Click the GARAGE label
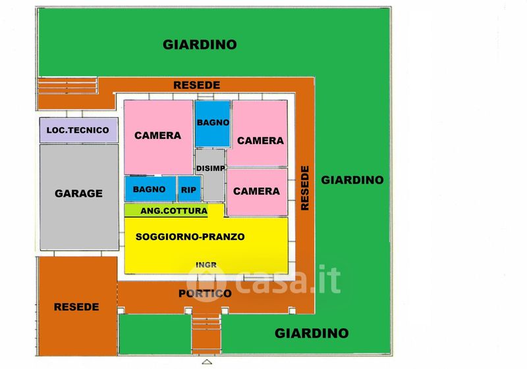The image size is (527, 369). (78, 193)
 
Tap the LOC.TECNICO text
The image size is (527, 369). (78, 130)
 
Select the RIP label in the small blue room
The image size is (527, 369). (188, 189)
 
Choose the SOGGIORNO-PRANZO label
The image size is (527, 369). (190, 236)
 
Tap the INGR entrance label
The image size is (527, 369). (206, 265)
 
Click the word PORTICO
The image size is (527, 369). (205, 293)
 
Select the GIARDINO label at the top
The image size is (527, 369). (200, 45)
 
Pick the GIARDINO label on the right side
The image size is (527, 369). (352, 180)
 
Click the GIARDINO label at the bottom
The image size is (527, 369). (311, 333)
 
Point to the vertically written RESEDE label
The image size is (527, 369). (305, 188)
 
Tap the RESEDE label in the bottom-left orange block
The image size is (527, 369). (76, 307)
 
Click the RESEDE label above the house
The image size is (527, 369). (196, 86)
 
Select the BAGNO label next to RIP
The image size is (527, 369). (149, 189)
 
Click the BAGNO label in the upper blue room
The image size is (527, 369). (212, 122)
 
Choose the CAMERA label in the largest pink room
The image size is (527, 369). (157, 135)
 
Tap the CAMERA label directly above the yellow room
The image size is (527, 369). (256, 191)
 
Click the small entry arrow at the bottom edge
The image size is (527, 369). (207, 362)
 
